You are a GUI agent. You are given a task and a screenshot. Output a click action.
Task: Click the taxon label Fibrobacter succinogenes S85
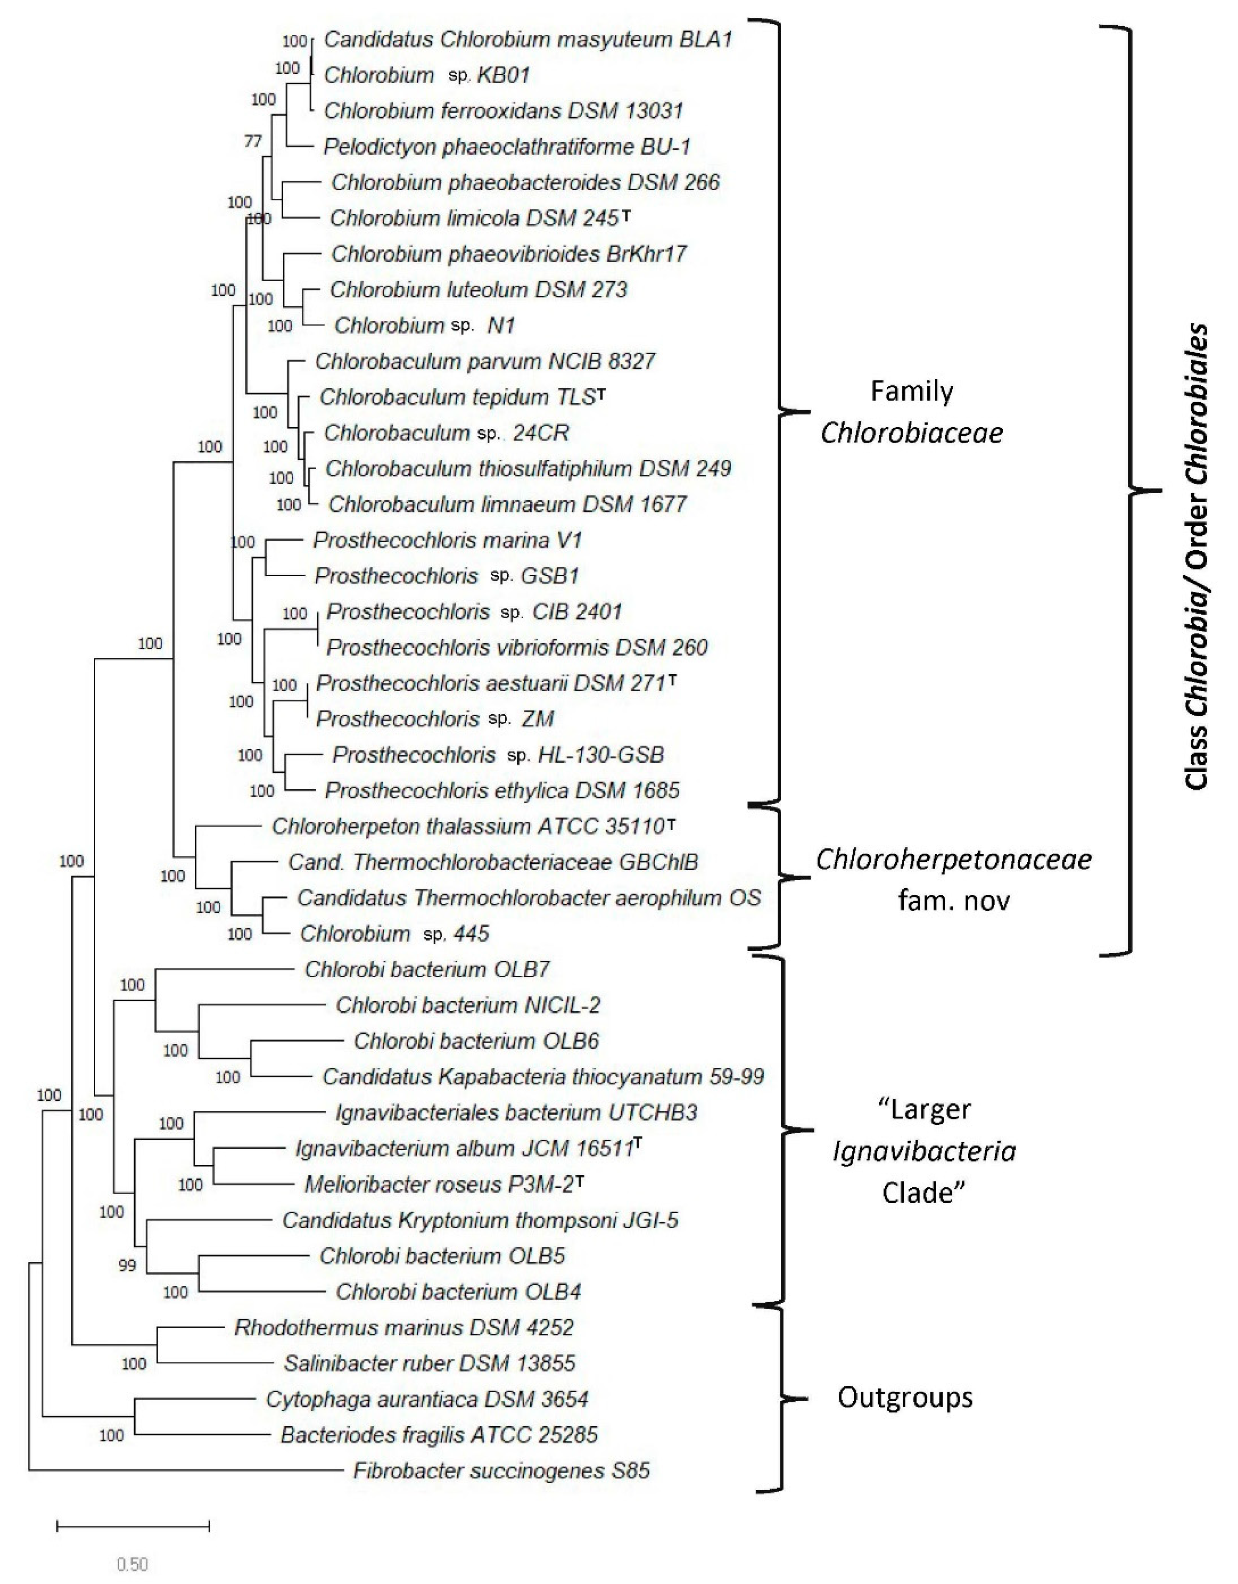(x=501, y=1471)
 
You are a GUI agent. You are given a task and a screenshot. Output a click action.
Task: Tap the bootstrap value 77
(x=252, y=141)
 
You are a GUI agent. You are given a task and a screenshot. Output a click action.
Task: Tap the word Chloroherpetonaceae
(x=953, y=859)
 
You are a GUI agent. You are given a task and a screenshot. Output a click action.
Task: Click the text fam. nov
(x=953, y=901)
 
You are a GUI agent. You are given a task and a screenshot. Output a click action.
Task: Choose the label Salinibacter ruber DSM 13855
(x=429, y=1363)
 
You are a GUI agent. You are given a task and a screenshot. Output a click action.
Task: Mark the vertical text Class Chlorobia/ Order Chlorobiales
(x=1197, y=556)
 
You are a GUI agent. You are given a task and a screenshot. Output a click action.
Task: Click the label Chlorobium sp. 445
(x=395, y=934)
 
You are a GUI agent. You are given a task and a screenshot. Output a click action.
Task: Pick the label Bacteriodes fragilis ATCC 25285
(x=439, y=1435)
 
